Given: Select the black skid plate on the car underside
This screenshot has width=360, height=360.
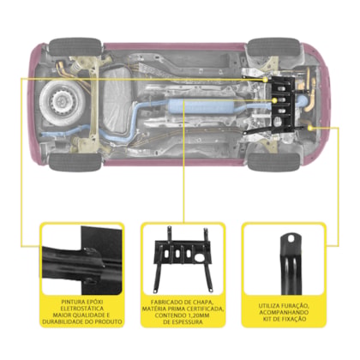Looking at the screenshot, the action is pyautogui.click(x=283, y=105).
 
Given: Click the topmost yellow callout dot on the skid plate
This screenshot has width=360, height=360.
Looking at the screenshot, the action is pyautogui.click(x=266, y=80).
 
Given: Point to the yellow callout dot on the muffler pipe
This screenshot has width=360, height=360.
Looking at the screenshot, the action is pyautogui.click(x=274, y=100).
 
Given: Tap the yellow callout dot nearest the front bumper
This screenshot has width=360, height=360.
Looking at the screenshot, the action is pyautogui.click(x=311, y=128).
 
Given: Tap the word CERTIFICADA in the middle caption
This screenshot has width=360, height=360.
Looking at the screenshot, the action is pyautogui.click(x=205, y=309).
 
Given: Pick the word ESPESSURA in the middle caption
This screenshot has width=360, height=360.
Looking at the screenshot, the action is pyautogui.click(x=187, y=322).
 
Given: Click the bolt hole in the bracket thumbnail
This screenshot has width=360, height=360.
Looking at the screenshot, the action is pyautogui.click(x=291, y=237).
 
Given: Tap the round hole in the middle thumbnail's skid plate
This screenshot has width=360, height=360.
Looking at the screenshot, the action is pyautogui.click(x=200, y=258).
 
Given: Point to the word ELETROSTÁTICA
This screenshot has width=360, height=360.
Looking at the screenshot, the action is pyautogui.click(x=82, y=309).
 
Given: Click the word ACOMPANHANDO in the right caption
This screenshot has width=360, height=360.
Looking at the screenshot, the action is pyautogui.click(x=284, y=313).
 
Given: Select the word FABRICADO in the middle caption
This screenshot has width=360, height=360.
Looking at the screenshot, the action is pyautogui.click(x=165, y=303).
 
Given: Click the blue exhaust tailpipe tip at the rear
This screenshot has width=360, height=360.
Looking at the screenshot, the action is pyautogui.click(x=45, y=135).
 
